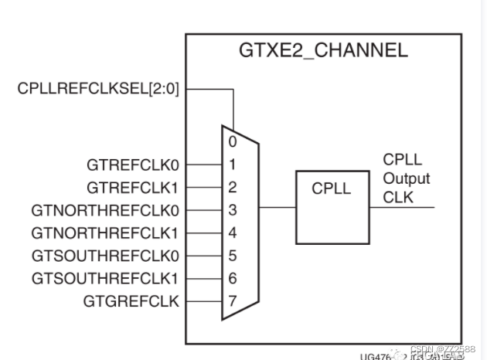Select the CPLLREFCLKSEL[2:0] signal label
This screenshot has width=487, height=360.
(98, 89)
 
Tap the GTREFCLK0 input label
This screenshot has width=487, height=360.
(134, 164)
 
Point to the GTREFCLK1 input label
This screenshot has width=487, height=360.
(134, 186)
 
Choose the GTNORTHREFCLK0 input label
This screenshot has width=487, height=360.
(105, 209)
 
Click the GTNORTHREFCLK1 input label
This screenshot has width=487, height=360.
(105, 232)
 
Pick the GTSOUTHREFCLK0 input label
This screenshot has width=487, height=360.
(105, 255)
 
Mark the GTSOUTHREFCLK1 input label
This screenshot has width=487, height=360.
(105, 277)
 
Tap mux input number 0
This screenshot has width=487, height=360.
(232, 141)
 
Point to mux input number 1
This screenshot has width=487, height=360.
(232, 164)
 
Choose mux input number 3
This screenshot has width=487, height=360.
(232, 209)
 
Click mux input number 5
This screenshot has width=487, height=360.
(232, 255)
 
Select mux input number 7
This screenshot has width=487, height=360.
(232, 301)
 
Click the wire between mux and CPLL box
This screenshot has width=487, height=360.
(277, 208)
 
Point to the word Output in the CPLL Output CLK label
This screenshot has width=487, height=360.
(407, 178)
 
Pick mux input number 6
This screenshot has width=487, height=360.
(232, 277)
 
